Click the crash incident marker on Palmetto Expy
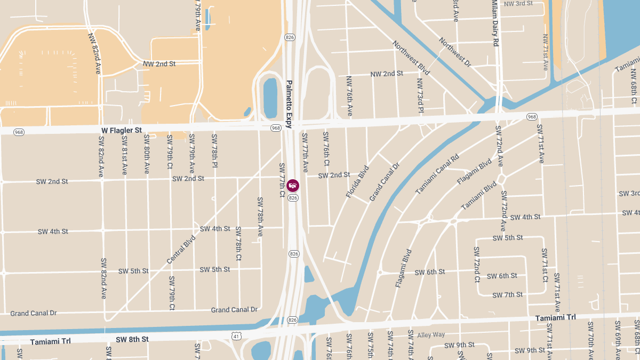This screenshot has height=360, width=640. point(293,186)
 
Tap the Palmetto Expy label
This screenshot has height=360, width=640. point(289,105)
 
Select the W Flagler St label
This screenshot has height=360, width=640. point(122,130)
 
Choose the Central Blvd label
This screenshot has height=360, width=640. point(181,249)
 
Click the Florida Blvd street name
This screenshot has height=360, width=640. point(357,182)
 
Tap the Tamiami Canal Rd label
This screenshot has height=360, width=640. point(437,174)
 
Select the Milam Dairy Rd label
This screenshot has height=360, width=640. point(495,23)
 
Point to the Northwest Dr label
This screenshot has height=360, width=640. point(455,52)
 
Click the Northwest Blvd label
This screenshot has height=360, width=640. point(411,58)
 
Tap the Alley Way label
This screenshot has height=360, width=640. point(431,335)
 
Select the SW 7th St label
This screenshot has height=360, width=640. point(507,295)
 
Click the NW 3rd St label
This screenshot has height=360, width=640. point(518,4)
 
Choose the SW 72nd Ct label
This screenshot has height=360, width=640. point(477,264)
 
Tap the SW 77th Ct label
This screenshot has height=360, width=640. point(282,180)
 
